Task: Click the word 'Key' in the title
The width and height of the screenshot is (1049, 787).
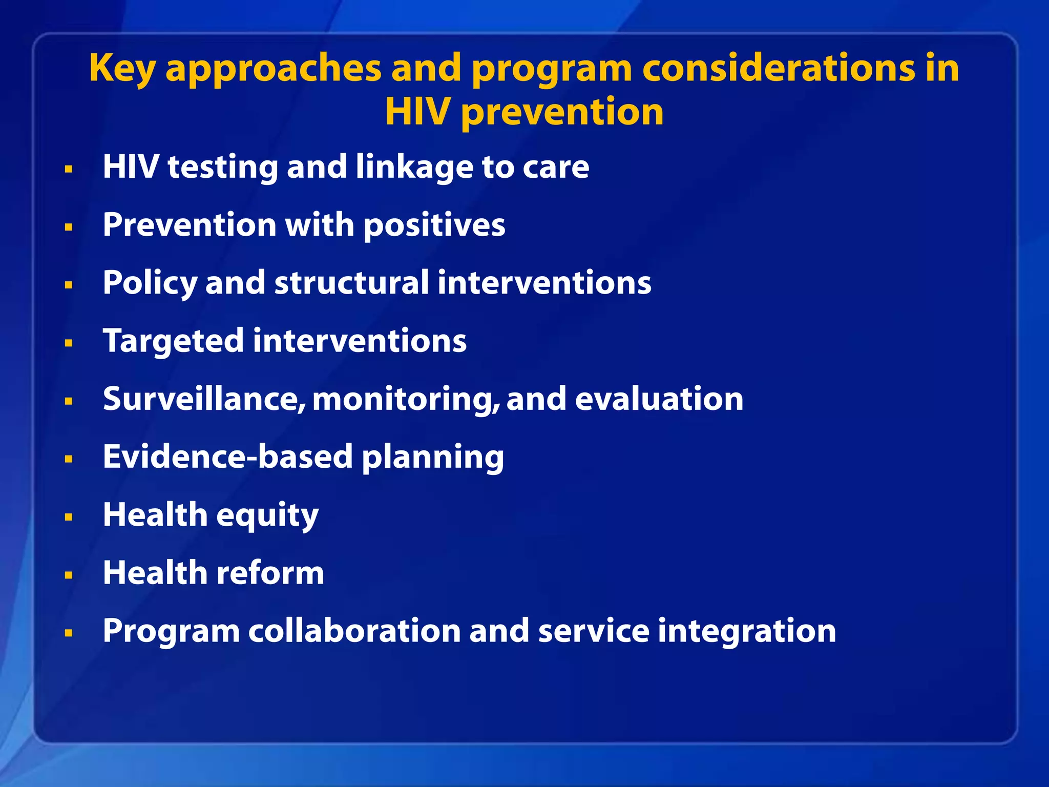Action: [x=122, y=68]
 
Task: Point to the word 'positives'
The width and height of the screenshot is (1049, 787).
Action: [x=434, y=225]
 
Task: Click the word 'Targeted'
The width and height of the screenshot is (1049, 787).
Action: [x=173, y=342]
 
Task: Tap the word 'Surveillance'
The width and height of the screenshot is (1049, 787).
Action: [x=204, y=399]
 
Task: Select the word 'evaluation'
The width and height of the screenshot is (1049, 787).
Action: [x=659, y=399]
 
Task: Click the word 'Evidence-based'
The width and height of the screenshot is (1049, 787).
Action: [x=227, y=457]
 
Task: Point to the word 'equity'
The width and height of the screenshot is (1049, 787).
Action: [x=267, y=515]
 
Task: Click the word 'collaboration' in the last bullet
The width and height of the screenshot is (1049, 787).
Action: [x=354, y=631]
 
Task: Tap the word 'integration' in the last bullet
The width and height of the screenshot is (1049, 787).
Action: [x=746, y=632]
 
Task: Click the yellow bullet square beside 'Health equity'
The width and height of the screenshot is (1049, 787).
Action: [x=69, y=517]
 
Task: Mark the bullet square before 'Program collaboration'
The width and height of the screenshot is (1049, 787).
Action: [x=69, y=633]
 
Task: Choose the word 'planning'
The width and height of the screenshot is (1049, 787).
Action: [x=433, y=458]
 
